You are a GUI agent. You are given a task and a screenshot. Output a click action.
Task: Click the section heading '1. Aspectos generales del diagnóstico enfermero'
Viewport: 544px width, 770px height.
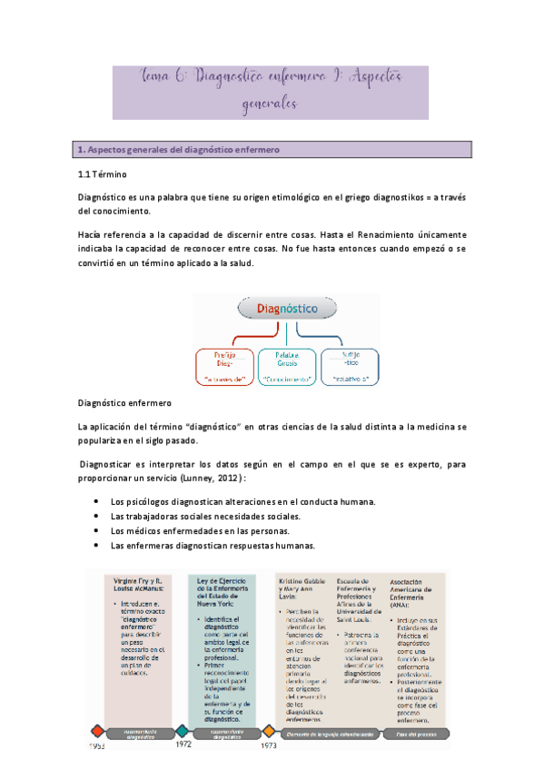(179, 148)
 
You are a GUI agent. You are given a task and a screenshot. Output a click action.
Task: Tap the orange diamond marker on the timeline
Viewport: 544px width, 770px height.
(269, 730)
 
